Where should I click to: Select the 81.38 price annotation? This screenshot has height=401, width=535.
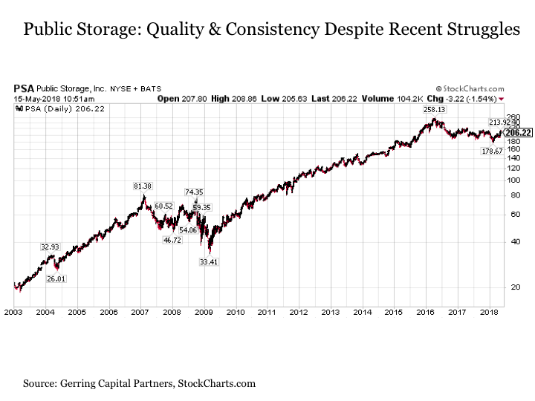[x=143, y=186]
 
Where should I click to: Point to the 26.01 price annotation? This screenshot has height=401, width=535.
[x=56, y=278]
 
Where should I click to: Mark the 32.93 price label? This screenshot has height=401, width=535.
[x=49, y=247]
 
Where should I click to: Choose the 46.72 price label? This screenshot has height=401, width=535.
[x=172, y=240]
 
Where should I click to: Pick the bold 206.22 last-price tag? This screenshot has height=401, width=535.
[x=517, y=132]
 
